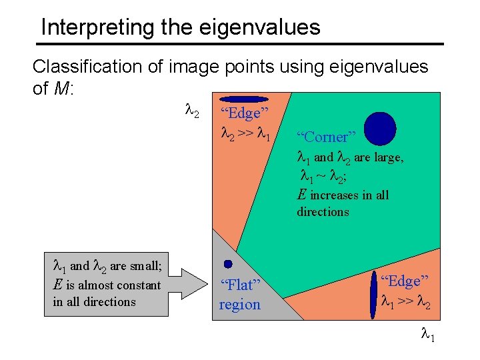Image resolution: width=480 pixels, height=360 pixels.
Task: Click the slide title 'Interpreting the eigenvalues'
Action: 180,27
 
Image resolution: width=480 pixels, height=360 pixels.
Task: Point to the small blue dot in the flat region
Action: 228,263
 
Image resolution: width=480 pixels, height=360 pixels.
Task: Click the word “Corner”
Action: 327,137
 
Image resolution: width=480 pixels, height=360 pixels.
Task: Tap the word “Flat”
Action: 240,285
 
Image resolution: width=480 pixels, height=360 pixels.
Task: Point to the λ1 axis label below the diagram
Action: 427,337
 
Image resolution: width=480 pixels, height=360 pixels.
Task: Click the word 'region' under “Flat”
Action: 240,305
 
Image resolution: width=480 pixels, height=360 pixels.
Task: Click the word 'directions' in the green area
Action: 323,212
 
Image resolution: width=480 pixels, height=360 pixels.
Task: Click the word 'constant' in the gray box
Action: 137,285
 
